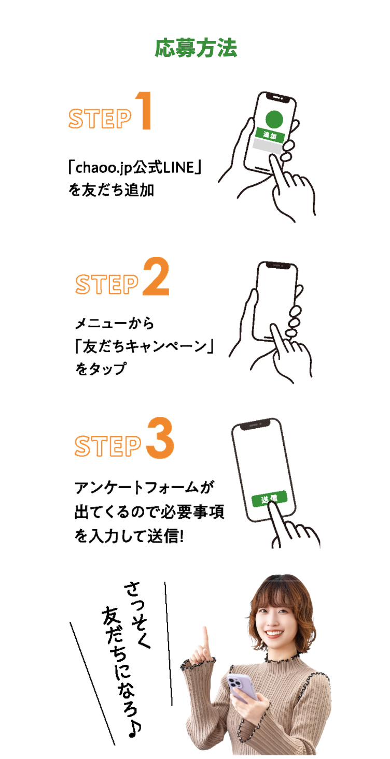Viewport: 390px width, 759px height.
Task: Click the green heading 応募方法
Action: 196,48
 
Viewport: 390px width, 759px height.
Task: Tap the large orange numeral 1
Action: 144,111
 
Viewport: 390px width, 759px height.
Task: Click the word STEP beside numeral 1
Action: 100,119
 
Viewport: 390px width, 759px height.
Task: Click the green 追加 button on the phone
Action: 270,136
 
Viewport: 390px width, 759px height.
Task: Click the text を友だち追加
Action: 110,190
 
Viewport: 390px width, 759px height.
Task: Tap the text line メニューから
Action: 115,324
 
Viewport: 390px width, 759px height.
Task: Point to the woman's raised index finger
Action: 205,635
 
